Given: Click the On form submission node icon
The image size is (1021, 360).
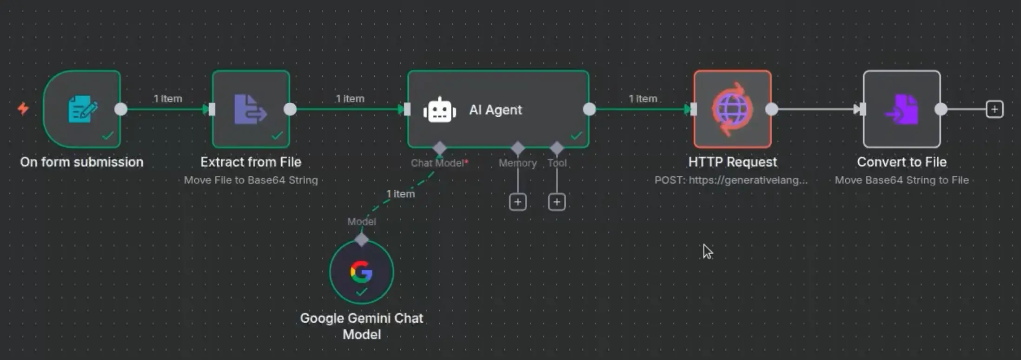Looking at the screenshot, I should [x=82, y=109].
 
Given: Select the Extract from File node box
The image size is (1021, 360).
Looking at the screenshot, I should [x=251, y=109].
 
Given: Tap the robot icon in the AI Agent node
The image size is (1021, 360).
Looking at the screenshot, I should [x=439, y=110].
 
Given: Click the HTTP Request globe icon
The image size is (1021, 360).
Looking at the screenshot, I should [x=732, y=109].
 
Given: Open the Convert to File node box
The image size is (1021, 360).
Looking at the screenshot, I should [x=902, y=109].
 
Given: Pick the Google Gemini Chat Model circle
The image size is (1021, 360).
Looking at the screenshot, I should [x=361, y=272].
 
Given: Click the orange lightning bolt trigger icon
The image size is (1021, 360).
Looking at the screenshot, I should [x=23, y=109].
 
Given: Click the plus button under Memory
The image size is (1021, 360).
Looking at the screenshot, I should [x=517, y=202].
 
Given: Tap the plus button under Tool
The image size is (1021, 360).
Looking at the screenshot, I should [x=557, y=202].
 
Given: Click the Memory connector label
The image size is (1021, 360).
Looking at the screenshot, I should [x=517, y=163].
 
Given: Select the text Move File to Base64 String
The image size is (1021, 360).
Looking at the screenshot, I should [x=251, y=180].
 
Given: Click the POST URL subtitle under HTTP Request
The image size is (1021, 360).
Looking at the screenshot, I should [x=731, y=180].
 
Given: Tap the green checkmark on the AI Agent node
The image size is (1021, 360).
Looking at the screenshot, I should [x=577, y=136].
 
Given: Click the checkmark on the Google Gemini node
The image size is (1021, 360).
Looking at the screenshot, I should [x=361, y=292].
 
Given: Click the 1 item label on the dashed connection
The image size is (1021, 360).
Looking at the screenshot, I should [x=400, y=193].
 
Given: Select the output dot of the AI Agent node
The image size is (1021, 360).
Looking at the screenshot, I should [x=589, y=109].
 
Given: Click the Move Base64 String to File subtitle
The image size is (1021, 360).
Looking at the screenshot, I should [x=902, y=180].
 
